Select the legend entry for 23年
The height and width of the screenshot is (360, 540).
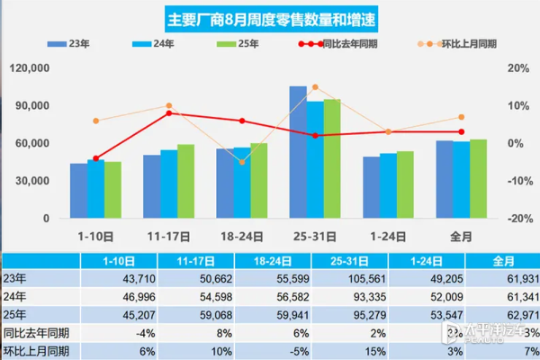coord(77,43)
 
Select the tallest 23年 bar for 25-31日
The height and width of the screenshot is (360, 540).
coord(298,152)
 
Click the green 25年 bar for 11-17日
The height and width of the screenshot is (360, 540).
coord(185,181)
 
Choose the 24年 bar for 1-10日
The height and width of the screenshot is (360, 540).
coord(95,189)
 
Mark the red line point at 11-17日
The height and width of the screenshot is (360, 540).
coord(168,113)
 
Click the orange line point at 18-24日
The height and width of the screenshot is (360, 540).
coord(241,162)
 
